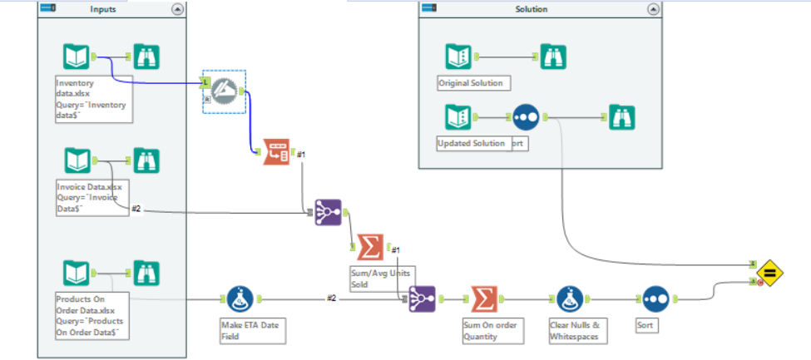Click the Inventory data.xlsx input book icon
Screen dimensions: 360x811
point(77,57)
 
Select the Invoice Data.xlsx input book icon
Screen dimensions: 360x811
point(77,160)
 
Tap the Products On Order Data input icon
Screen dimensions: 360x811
point(77,273)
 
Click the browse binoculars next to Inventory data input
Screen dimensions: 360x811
point(146,57)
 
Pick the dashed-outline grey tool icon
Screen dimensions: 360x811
point(224,91)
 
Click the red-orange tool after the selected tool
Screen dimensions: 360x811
point(276,152)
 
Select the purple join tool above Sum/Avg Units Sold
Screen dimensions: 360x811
point(329,213)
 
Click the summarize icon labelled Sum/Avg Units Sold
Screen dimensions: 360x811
point(370,247)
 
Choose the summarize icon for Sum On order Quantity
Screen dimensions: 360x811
point(483,298)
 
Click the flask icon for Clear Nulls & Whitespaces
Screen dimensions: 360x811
point(569,298)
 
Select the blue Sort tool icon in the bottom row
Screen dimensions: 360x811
point(654,298)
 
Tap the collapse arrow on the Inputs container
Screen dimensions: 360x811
point(177,9)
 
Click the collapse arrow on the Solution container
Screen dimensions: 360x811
point(653,9)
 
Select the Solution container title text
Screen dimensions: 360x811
point(532,9)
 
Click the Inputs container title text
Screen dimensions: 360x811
point(103,9)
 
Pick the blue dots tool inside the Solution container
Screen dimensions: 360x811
point(527,117)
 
